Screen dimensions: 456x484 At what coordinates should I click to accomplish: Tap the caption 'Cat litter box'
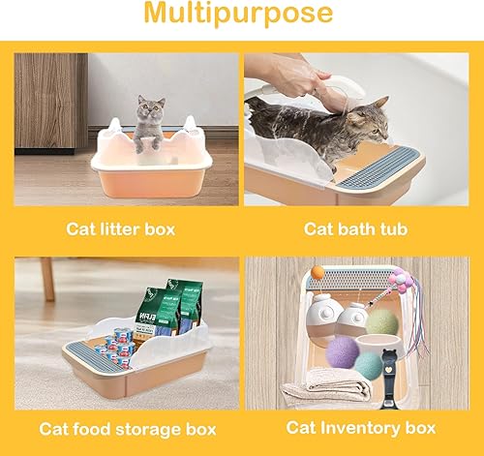pyautogui.click(x=121, y=229)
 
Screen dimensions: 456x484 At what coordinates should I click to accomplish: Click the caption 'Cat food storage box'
pyautogui.click(x=121, y=428)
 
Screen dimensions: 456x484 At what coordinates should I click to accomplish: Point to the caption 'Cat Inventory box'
pyautogui.click(x=361, y=427)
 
